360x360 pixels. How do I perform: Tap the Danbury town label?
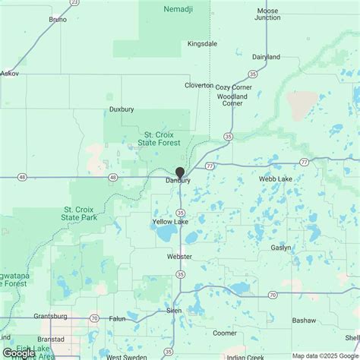[x=178, y=181]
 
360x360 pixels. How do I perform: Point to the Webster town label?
[x=179, y=257]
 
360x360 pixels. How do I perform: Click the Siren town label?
[x=174, y=311]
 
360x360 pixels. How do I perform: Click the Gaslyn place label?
[x=280, y=248]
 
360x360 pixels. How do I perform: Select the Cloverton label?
[x=199, y=86]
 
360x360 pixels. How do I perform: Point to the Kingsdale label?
[x=203, y=44]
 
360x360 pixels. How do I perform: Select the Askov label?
[x=10, y=74]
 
